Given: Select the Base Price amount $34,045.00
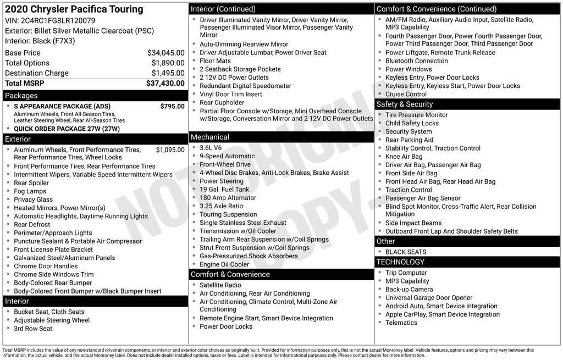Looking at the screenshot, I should click(x=165, y=53).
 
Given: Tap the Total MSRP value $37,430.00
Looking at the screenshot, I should click(x=165, y=84).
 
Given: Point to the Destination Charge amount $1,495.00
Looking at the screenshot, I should click(x=168, y=73).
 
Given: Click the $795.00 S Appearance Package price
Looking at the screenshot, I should click(x=172, y=107).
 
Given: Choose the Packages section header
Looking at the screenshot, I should click(x=21, y=96).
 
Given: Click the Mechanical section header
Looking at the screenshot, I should click(x=210, y=137).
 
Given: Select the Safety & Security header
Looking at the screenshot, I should click(x=405, y=104).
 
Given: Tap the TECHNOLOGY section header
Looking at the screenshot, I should click(x=400, y=262).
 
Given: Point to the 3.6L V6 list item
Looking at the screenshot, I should click(x=211, y=148).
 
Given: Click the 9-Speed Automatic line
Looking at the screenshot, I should click(x=219, y=156).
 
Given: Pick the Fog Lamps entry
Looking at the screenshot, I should click(x=30, y=191).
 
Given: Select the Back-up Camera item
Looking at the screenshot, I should click(x=409, y=290).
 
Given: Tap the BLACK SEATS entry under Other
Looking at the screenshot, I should click(x=406, y=252).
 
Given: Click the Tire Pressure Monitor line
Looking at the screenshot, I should click(x=416, y=115).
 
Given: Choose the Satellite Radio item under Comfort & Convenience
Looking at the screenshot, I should click(x=220, y=285).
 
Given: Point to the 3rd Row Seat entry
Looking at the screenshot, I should click(x=33, y=329).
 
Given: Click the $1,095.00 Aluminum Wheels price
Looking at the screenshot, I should click(x=170, y=149).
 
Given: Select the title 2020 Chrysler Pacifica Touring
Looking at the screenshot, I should click(x=74, y=9).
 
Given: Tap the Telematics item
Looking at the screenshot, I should click(x=401, y=323).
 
